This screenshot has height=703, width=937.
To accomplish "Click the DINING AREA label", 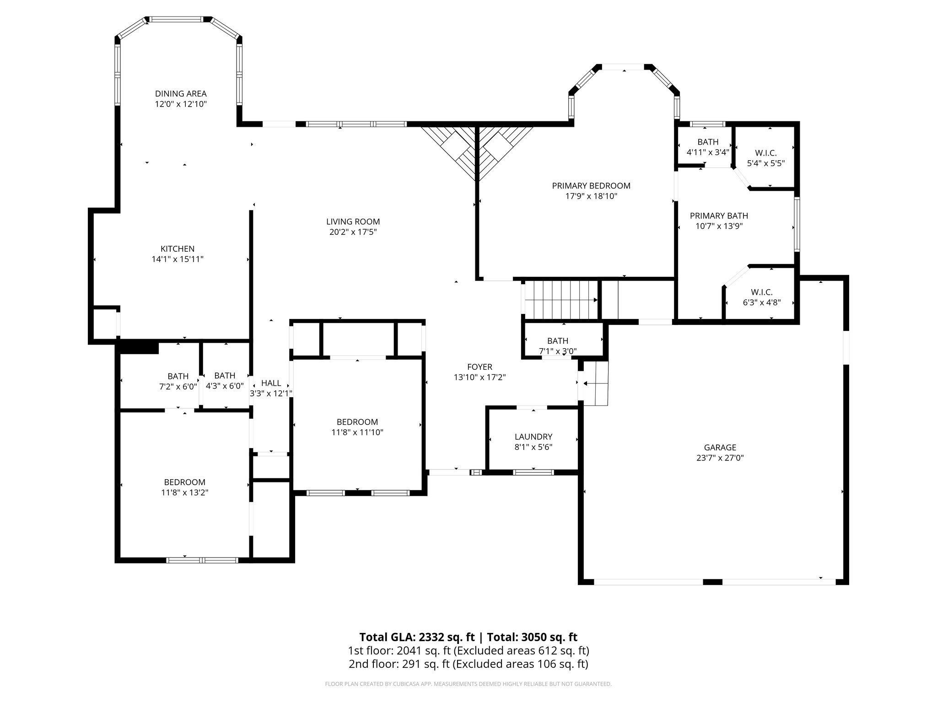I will (181, 94).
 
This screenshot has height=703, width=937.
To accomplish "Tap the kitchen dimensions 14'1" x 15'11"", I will (178, 259).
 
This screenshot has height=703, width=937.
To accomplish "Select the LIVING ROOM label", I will (353, 222).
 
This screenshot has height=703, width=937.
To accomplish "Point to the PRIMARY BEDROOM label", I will (591, 186).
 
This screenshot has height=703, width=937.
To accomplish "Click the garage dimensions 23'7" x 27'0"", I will (720, 458).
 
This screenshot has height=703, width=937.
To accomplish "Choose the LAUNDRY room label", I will (533, 437).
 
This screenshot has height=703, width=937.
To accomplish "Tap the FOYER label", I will (479, 367).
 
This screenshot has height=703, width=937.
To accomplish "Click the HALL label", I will (271, 383).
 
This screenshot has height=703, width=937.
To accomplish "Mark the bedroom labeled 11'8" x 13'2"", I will (184, 487).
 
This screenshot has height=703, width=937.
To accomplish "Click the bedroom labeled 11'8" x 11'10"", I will (357, 427).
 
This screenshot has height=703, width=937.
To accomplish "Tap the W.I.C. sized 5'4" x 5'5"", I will (765, 157).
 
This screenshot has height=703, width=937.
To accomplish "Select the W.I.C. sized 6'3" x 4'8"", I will (761, 297).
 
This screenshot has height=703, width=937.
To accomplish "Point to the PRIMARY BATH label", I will (719, 216).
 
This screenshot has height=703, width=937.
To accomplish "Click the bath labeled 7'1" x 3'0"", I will (557, 346).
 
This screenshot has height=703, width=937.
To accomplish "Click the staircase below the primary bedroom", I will (561, 300).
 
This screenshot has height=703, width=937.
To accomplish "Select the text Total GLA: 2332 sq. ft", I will (417, 637).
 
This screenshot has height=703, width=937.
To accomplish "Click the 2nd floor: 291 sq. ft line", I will (468, 664).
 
